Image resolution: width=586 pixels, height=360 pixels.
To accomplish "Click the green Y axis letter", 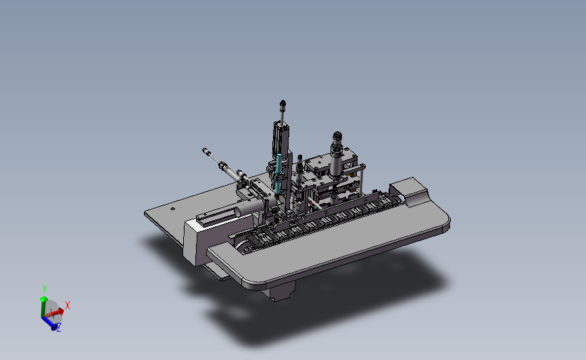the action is [45, 288].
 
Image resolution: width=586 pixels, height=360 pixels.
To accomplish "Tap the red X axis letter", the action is [68, 305].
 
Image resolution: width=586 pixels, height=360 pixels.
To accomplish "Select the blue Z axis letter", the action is [59, 328].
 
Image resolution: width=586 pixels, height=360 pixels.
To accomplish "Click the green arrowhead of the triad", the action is [44, 299].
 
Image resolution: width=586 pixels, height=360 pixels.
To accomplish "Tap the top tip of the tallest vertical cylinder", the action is [283, 101].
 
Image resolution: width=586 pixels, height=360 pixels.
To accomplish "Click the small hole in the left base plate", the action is [172, 209].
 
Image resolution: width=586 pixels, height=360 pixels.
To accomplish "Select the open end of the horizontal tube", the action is [237, 213].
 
